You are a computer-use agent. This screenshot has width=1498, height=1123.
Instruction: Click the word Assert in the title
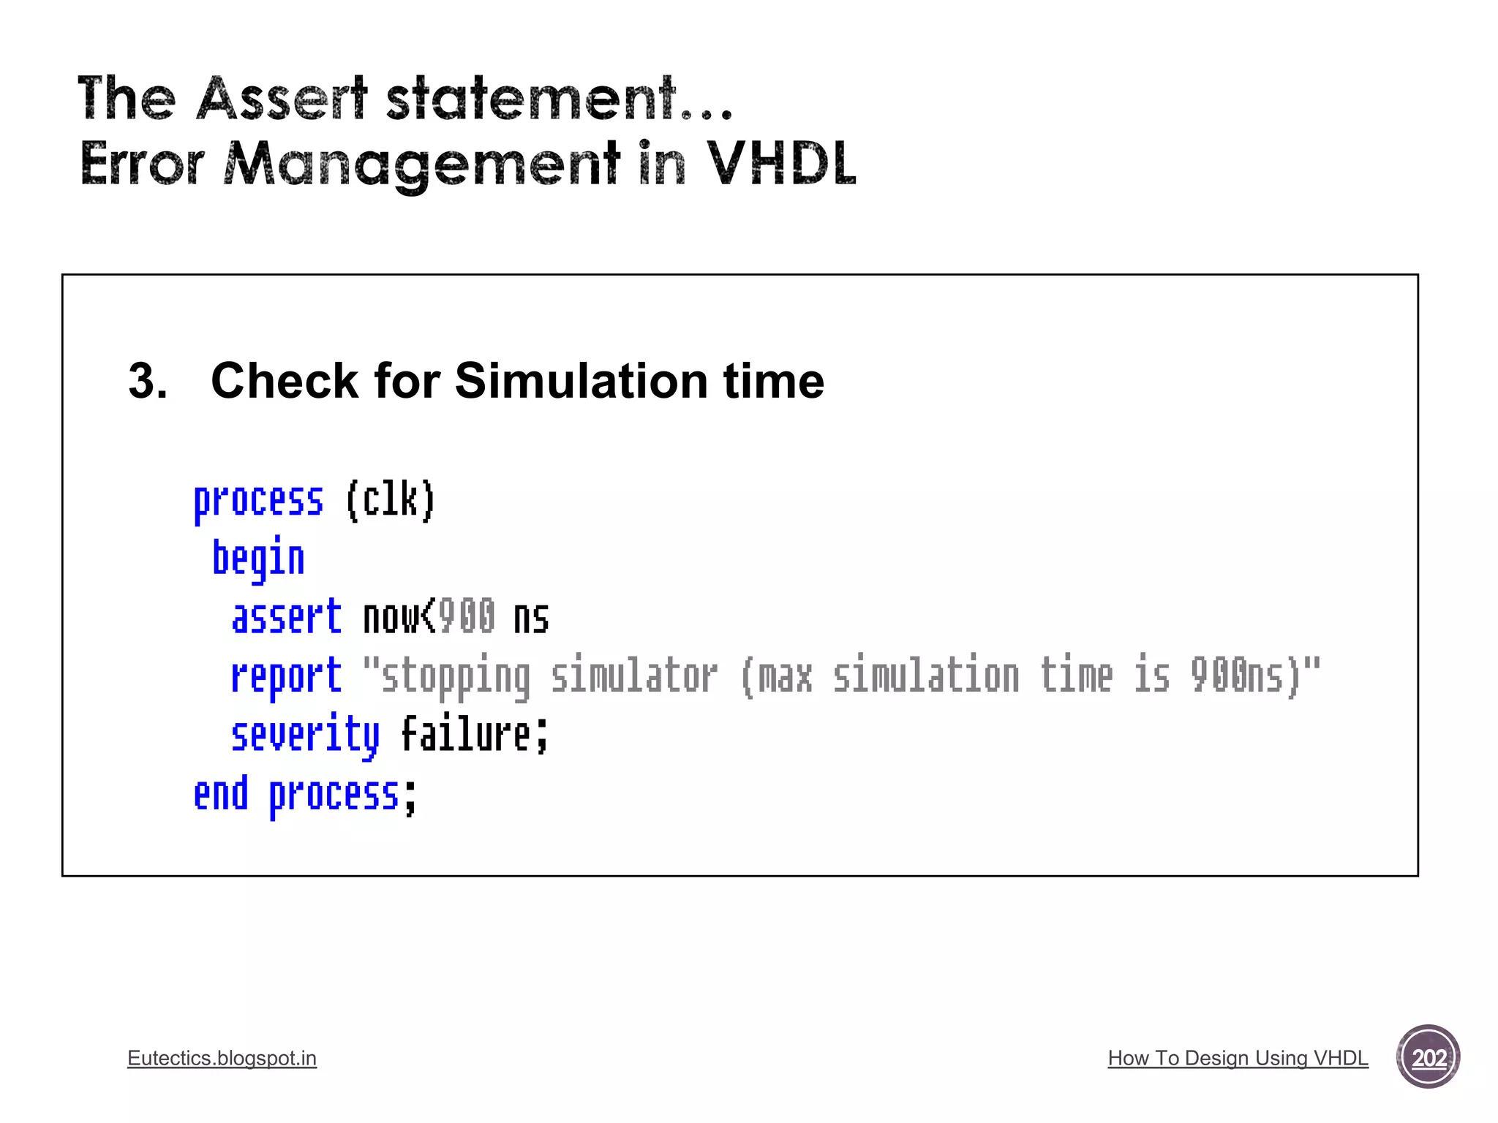tap(282, 98)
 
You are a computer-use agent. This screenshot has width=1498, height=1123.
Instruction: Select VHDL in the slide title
tap(781, 163)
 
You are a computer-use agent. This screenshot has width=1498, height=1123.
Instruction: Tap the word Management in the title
tap(422, 165)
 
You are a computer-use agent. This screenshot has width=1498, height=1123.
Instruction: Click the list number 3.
tap(147, 381)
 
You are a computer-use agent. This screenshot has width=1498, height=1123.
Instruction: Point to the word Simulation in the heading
tap(581, 381)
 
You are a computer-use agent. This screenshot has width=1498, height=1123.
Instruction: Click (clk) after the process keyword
tap(391, 501)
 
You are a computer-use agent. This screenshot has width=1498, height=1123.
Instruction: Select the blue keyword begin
tap(258, 559)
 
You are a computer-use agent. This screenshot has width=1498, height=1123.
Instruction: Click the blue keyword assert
tap(286, 617)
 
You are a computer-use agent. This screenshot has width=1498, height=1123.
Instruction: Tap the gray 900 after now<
tap(467, 617)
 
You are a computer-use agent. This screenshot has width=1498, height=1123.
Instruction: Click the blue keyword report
tap(286, 676)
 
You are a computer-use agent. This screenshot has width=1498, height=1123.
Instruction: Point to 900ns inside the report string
tap(1237, 676)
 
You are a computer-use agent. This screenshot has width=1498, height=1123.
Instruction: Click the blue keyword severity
tap(305, 736)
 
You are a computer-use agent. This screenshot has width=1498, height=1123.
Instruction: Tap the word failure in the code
tap(466, 735)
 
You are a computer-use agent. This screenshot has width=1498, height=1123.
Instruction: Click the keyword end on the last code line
tap(221, 794)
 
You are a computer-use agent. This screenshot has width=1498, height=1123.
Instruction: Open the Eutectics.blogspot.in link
tap(222, 1058)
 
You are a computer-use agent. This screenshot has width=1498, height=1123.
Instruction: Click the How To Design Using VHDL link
tap(1238, 1058)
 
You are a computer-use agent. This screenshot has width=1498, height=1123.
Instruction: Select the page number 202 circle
tap(1428, 1057)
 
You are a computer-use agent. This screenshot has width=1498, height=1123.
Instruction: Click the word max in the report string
tap(784, 676)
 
